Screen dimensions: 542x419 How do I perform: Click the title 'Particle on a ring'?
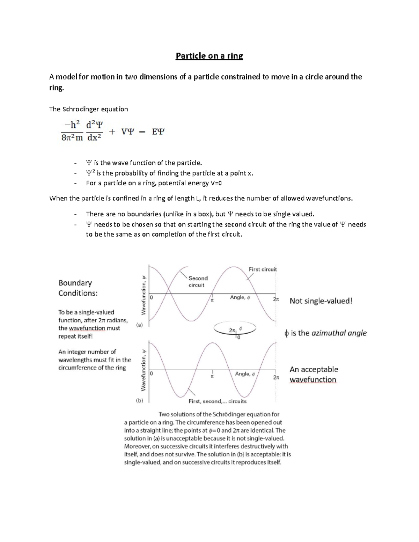[209, 56]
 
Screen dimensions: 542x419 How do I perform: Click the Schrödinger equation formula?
[112, 132]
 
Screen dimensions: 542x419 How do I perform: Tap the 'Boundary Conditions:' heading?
[78, 288]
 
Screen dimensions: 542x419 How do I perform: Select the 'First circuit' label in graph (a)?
[263, 269]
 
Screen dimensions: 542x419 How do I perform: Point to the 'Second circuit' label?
[198, 282]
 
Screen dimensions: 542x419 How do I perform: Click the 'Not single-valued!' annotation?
[321, 301]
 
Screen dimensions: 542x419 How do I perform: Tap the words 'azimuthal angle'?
[339, 333]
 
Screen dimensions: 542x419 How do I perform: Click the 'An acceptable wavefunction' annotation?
[314, 374]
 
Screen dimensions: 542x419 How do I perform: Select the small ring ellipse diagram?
[235, 329]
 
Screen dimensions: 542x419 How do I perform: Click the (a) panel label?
[139, 325]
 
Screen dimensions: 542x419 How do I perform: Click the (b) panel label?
[139, 401]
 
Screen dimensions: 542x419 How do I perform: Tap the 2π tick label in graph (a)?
[276, 299]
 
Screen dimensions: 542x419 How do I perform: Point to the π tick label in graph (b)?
[212, 377]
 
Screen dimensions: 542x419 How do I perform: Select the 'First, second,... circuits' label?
[218, 401]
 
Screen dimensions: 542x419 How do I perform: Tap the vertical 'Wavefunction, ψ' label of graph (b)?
[144, 370]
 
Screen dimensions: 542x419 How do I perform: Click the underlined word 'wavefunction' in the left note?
[87, 328]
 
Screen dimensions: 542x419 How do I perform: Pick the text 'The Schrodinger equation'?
[88, 109]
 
